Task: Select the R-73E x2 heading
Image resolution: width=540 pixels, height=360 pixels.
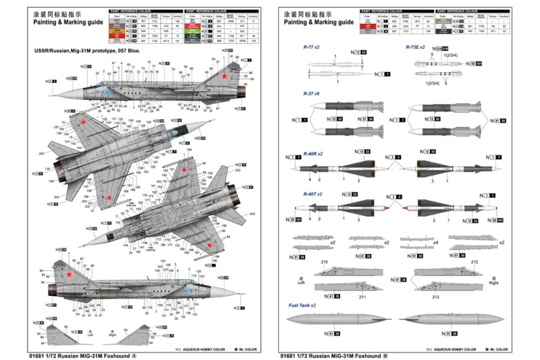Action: pos(415,47)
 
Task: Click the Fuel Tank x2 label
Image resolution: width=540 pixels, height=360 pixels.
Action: pos(302,306)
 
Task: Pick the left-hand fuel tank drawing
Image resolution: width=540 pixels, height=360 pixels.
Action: pos(338,319)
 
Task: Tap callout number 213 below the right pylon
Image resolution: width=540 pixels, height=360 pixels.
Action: pos(436,297)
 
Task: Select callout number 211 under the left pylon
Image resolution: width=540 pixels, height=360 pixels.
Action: pos(362,297)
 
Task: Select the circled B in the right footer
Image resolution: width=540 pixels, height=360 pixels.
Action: pos(385,355)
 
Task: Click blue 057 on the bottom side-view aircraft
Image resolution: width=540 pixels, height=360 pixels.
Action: pos(186,292)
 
